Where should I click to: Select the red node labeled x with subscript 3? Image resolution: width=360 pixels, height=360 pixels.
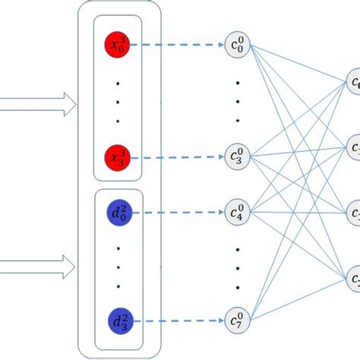pyautogui.click(x=118, y=158)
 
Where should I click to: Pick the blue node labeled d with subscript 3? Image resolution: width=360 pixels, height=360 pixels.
pyautogui.click(x=118, y=320)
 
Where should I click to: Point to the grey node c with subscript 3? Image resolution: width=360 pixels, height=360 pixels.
pyautogui.click(x=238, y=157)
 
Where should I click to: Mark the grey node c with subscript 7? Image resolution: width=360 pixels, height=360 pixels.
pyautogui.click(x=238, y=320)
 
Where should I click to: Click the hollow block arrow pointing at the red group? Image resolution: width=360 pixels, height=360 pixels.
pyautogui.click(x=38, y=104)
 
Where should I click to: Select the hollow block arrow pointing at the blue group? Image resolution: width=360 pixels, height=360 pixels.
pyautogui.click(x=38, y=265)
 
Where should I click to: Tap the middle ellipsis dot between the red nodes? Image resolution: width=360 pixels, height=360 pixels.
pyautogui.click(x=118, y=101)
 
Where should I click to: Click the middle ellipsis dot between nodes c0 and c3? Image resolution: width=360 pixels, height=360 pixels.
pyautogui.click(x=238, y=99)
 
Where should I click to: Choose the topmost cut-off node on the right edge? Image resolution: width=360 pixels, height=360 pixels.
pyautogui.click(x=354, y=82)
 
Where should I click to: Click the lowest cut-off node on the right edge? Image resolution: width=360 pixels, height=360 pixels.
pyautogui.click(x=354, y=280)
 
